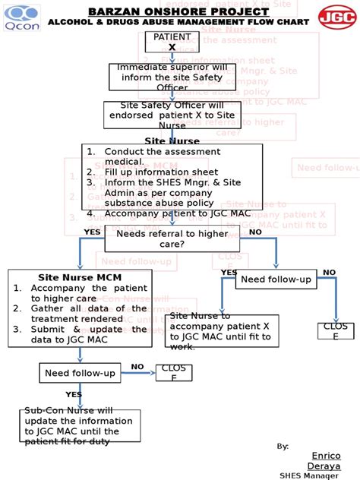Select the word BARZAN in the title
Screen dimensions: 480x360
114,12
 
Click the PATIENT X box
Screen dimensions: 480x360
172,42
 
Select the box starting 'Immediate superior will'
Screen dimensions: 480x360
172,77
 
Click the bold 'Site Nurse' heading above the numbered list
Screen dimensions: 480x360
172,141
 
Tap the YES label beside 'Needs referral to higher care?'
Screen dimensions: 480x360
92,232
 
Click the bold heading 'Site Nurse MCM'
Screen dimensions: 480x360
79,277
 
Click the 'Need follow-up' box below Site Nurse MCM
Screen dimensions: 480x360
80,373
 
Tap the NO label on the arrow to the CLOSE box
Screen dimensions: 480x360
137,367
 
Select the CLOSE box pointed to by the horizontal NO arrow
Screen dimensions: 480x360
172,373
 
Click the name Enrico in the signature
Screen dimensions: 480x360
326,456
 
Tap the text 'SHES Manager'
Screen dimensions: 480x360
309,475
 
